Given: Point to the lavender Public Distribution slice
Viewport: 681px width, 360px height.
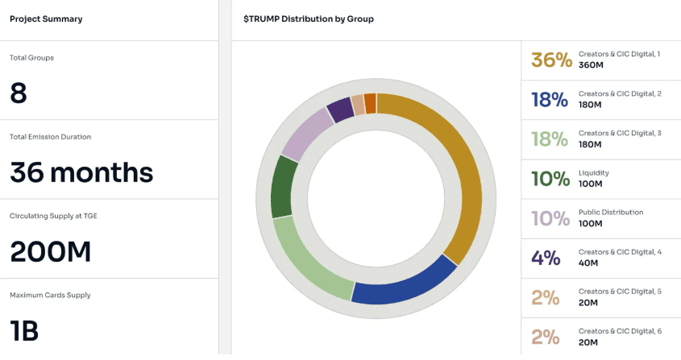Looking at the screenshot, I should [305, 133].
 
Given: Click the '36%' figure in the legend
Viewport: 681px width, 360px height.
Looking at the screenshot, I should [551, 60].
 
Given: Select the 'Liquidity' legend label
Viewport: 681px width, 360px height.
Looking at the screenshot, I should [594, 172].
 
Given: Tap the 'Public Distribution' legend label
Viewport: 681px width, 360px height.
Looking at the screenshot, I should [611, 212].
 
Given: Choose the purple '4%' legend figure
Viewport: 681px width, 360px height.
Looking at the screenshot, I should [546, 258].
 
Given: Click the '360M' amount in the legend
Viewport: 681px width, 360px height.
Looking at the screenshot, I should [591, 65].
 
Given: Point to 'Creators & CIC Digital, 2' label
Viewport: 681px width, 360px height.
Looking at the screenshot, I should [620, 93].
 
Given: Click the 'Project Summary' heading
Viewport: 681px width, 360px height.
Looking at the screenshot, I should [46, 19].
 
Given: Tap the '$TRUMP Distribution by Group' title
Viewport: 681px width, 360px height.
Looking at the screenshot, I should [309, 19].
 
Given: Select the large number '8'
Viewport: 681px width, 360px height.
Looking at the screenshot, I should [19, 93].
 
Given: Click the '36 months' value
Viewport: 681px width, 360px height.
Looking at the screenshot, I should [81, 172].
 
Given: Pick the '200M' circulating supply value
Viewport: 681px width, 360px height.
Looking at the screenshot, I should [50, 251].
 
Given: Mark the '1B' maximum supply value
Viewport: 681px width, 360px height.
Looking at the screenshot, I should [24, 330].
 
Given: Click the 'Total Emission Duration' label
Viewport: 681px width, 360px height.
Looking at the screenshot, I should [50, 137].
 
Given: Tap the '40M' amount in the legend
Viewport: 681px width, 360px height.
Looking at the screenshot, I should [588, 263].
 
